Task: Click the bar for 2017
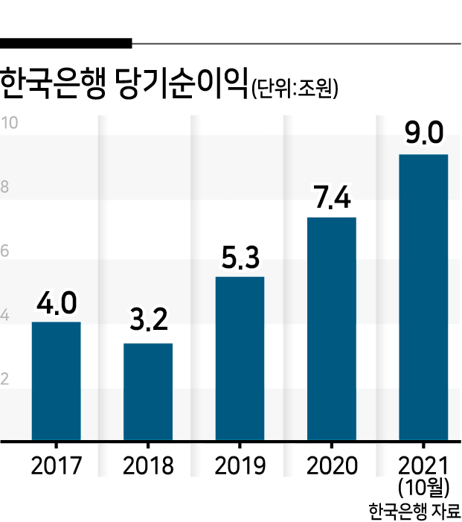click(x=57, y=381)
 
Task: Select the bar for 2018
click(x=148, y=392)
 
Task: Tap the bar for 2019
click(x=240, y=358)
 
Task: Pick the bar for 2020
click(x=332, y=329)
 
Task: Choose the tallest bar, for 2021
click(x=423, y=297)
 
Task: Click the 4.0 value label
click(x=57, y=303)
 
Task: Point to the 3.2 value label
click(x=149, y=319)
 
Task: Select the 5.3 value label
click(x=240, y=258)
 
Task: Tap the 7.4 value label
click(x=333, y=197)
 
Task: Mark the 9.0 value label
click(x=424, y=133)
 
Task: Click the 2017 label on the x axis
click(x=57, y=465)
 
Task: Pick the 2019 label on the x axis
click(x=240, y=465)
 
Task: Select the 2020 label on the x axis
click(x=332, y=465)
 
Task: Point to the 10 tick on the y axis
click(x=9, y=123)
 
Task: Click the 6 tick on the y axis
click(x=4, y=251)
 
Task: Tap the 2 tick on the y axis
click(x=4, y=379)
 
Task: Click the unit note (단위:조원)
click(x=295, y=88)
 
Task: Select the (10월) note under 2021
click(x=424, y=488)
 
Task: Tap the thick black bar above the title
click(x=66, y=43)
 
